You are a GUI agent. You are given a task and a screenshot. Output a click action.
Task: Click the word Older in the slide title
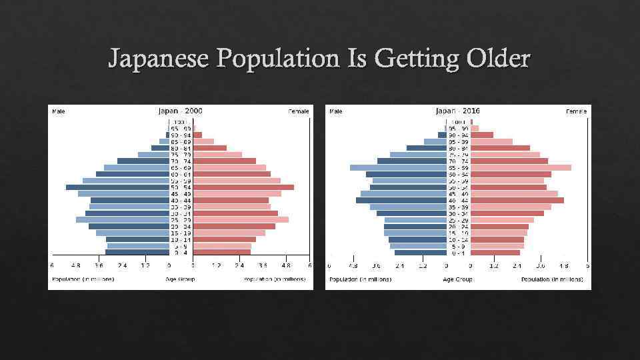495,59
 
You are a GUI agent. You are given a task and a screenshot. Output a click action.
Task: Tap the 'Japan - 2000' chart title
180,111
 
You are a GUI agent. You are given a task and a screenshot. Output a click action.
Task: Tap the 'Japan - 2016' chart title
457,111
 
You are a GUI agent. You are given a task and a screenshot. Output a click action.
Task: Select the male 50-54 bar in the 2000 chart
117,187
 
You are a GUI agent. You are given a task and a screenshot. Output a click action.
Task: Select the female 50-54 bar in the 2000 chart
243,187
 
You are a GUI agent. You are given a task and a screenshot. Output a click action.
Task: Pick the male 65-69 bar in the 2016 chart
398,167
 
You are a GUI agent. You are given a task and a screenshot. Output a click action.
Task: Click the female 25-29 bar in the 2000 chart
241,219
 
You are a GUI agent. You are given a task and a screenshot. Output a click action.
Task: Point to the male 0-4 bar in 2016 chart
421,253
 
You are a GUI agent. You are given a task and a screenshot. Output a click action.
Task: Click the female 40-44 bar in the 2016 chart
517,200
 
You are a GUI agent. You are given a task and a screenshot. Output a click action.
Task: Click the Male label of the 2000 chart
59,111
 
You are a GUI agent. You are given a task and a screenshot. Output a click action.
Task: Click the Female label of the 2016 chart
576,111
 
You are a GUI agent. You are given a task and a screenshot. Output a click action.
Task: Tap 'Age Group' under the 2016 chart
457,279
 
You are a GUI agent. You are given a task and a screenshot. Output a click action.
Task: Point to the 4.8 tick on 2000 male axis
76,265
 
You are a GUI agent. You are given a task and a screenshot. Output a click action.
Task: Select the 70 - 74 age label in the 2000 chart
181,161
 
